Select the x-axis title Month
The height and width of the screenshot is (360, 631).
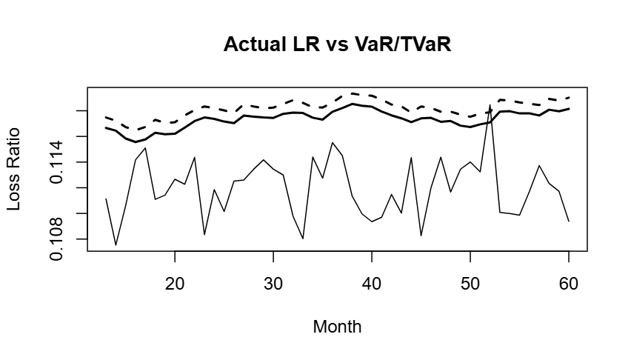(x=337, y=327)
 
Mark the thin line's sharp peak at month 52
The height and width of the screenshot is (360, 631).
(x=490, y=105)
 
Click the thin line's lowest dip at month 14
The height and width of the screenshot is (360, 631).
(x=116, y=244)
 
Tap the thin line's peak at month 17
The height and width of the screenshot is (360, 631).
(x=145, y=148)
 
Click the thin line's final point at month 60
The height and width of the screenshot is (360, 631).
(x=569, y=221)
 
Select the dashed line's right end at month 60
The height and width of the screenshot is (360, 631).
(x=569, y=97)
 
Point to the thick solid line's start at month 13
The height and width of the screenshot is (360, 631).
(x=106, y=128)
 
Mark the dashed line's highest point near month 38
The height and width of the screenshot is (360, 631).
(x=353, y=93)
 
